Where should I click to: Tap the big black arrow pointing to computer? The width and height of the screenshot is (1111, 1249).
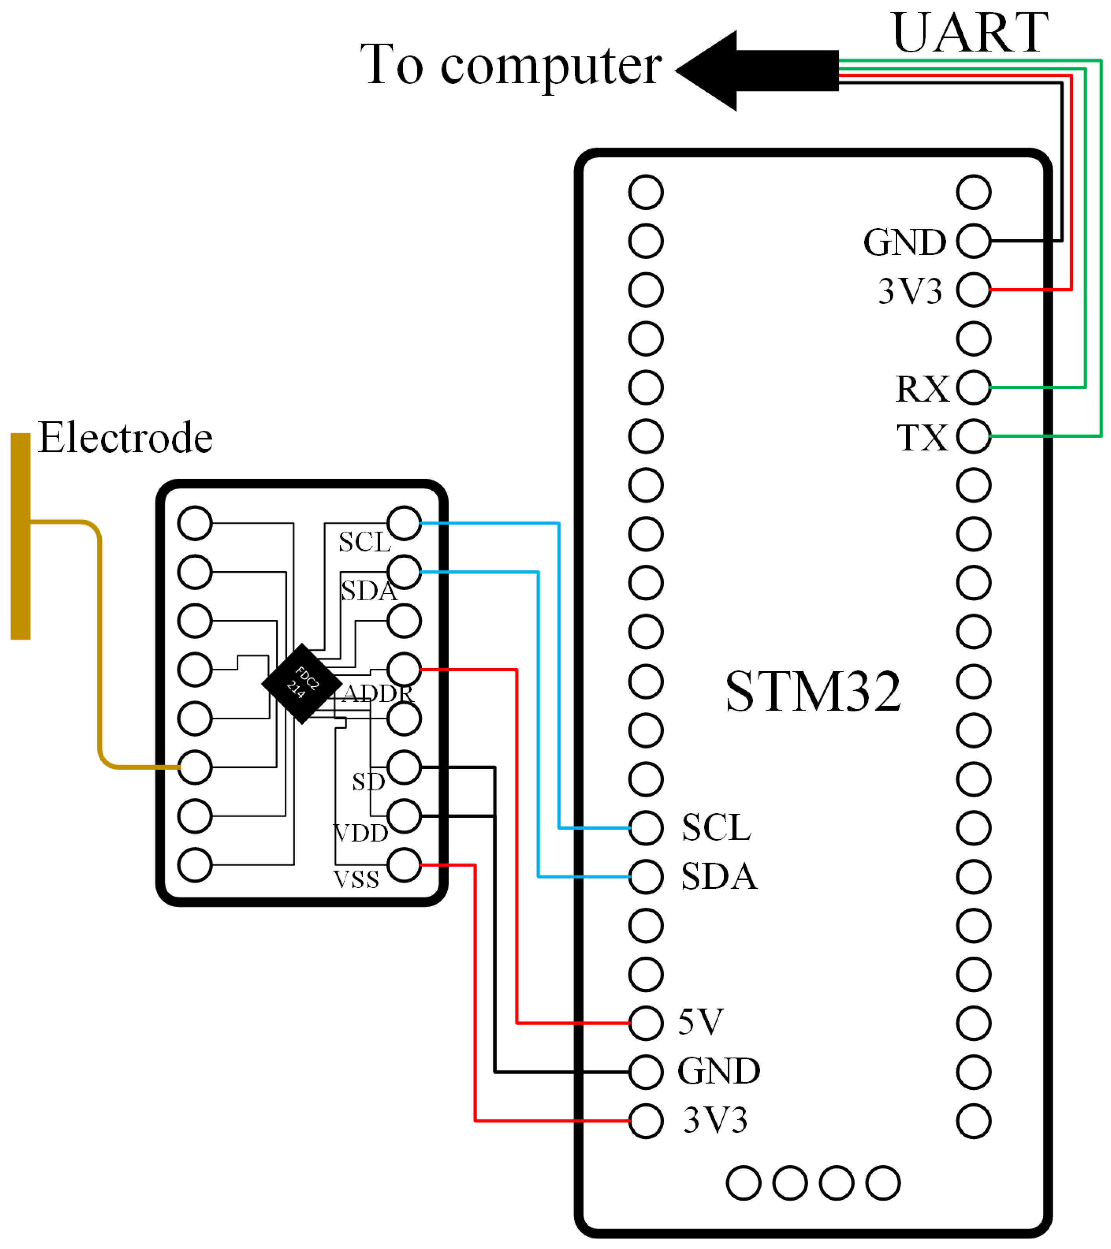click(x=758, y=70)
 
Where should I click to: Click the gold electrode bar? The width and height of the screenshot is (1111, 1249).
click(x=21, y=536)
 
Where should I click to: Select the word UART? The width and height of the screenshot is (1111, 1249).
click(x=970, y=34)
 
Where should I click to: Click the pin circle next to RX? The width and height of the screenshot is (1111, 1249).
click(x=974, y=387)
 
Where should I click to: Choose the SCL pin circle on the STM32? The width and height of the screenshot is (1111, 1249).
click(x=646, y=828)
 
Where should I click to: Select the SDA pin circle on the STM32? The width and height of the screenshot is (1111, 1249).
click(x=646, y=877)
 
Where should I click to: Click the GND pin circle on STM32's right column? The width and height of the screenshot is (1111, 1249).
click(x=974, y=241)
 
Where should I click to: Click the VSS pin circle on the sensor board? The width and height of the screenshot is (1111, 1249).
click(x=404, y=865)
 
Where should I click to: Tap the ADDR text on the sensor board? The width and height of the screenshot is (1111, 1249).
click(x=378, y=694)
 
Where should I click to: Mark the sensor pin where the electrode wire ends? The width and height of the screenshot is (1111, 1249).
click(x=195, y=767)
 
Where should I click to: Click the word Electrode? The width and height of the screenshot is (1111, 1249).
click(x=125, y=438)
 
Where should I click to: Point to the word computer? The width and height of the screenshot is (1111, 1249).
click(x=551, y=66)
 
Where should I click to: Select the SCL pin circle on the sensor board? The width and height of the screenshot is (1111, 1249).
click(x=404, y=523)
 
